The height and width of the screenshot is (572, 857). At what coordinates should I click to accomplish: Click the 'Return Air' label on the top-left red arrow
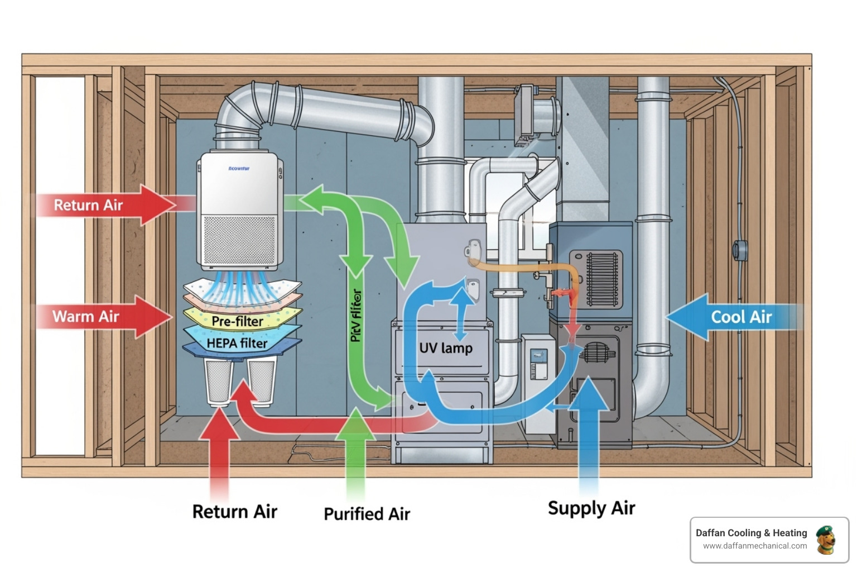(88, 206)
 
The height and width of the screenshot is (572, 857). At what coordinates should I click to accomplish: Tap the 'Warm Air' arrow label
(85, 317)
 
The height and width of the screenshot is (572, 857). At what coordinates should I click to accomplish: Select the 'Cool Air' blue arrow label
(741, 317)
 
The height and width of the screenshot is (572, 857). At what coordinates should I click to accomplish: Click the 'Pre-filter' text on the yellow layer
(237, 321)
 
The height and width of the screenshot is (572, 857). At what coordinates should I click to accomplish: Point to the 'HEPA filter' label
(237, 343)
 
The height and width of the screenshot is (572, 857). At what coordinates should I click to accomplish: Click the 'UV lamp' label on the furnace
(445, 348)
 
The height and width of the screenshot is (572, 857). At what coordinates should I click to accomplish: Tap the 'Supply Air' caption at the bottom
(591, 508)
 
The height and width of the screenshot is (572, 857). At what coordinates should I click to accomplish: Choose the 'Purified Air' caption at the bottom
(367, 514)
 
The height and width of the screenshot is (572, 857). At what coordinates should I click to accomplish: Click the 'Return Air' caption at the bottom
(234, 512)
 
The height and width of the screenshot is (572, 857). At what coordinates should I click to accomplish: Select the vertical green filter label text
(356, 316)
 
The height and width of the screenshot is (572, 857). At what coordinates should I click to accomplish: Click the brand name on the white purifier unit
(239, 168)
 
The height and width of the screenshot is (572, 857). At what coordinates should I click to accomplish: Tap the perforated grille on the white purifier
(239, 240)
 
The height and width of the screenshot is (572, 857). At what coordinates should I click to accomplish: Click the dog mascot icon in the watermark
(825, 540)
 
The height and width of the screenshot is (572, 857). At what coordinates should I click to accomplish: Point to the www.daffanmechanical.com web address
(754, 546)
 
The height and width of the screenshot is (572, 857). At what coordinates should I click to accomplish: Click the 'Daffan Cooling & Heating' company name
(751, 533)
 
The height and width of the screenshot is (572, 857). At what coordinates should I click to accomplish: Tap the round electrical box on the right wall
(740, 250)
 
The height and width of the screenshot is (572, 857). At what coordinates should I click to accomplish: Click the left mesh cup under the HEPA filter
(219, 382)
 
